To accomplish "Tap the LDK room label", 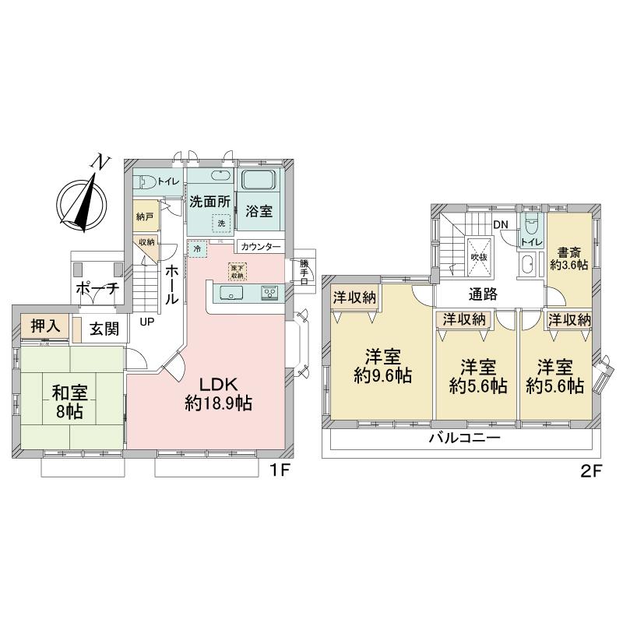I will (218, 394).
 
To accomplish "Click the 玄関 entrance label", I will (104, 329).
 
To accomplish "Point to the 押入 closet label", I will (45, 326).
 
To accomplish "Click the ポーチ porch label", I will (97, 288).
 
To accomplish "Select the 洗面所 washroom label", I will (210, 200).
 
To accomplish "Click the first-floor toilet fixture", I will (145, 182).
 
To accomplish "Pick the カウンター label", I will (261, 246).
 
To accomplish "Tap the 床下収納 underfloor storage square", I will (236, 271).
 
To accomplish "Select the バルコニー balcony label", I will (463, 438).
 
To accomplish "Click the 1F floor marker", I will (280, 471).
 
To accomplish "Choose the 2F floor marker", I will (589, 471).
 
